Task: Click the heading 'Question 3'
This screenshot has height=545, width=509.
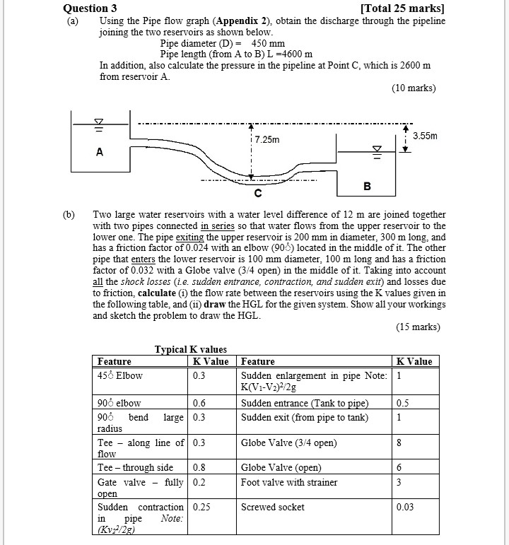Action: pyautogui.click(x=90, y=8)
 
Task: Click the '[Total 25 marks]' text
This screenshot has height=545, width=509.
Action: pyautogui.click(x=402, y=8)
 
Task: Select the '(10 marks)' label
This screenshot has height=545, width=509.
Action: pyautogui.click(x=414, y=88)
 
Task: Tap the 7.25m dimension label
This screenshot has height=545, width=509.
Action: pyautogui.click(x=267, y=140)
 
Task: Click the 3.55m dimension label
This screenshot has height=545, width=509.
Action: pyautogui.click(x=425, y=135)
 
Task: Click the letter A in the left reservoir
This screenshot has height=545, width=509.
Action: pyautogui.click(x=99, y=151)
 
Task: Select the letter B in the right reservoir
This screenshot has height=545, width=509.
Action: pyautogui.click(x=366, y=186)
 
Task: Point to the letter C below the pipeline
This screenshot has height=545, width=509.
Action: pyautogui.click(x=257, y=193)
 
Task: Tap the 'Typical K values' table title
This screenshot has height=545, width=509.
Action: pyautogui.click(x=191, y=349)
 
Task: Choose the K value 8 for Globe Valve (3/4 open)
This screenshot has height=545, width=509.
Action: pyautogui.click(x=400, y=443)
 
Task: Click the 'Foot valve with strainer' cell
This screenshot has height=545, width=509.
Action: pyautogui.click(x=289, y=482)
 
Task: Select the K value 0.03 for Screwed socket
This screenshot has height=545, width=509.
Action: pyautogui.click(x=406, y=507)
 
